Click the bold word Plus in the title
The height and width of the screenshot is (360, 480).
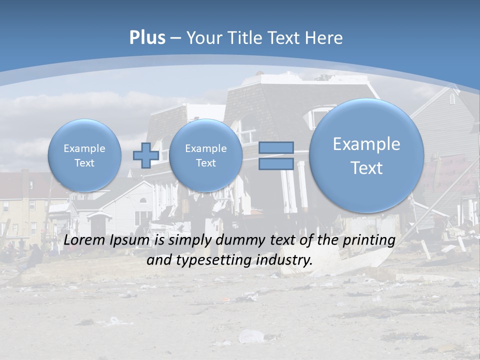(x=147, y=38)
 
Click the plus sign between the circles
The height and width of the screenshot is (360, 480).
(x=145, y=155)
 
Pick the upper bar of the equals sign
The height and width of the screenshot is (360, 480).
(x=276, y=147)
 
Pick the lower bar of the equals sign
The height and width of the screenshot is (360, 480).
(x=276, y=164)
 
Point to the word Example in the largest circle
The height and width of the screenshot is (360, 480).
(x=366, y=144)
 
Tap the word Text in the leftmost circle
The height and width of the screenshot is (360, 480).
(x=84, y=163)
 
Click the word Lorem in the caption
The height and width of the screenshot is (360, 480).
(x=85, y=240)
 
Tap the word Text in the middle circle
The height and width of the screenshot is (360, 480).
(x=205, y=163)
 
